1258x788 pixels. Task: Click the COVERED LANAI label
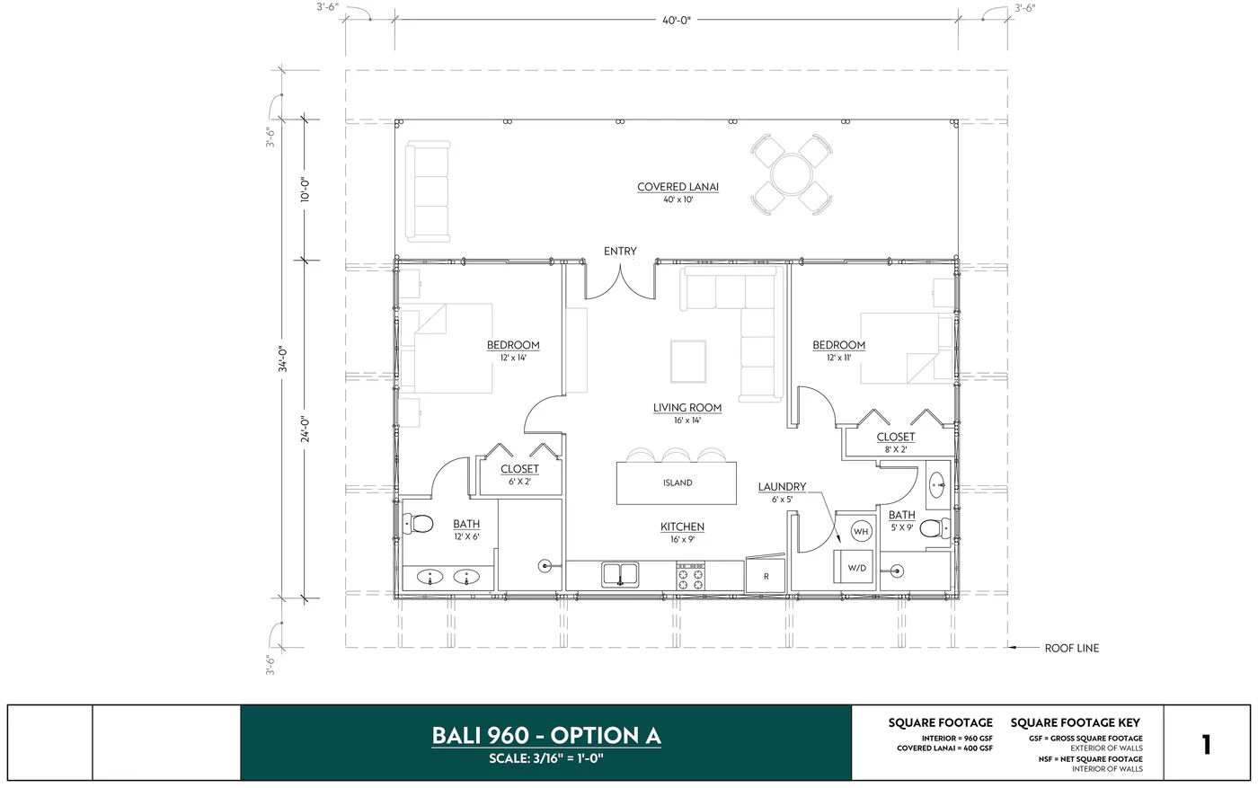click(678, 187)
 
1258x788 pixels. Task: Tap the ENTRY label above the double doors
click(620, 252)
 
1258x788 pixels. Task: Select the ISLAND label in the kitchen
click(678, 483)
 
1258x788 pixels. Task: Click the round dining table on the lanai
click(791, 173)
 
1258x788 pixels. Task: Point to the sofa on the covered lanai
click(427, 191)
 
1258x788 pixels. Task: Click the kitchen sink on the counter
click(619, 574)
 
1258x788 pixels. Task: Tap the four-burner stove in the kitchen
click(690, 576)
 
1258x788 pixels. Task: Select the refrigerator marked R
click(766, 576)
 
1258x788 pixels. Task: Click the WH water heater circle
click(861, 531)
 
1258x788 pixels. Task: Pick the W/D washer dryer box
click(857, 568)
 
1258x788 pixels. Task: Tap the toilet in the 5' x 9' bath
click(935, 528)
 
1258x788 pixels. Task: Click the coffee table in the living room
click(687, 360)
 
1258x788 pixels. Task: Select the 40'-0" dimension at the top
click(677, 18)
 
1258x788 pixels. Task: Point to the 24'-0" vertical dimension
click(306, 429)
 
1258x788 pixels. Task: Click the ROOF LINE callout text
click(1071, 648)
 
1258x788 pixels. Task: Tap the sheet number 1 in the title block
click(1206, 744)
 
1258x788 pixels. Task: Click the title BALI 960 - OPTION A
click(546, 735)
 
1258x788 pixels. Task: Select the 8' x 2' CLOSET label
click(895, 438)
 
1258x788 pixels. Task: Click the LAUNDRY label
click(782, 487)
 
